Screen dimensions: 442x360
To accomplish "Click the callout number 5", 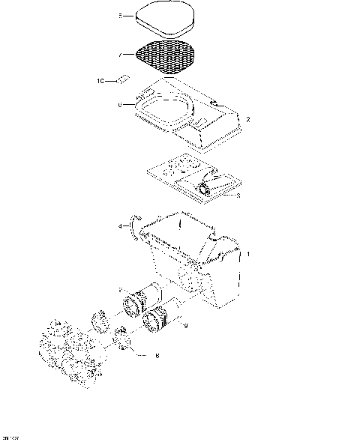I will (119, 15).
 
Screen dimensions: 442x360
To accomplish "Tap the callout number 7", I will (119, 55).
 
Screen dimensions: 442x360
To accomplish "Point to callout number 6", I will (119, 105).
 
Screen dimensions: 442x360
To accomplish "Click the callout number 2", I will (248, 120).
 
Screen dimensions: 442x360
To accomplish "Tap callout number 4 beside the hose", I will (119, 225).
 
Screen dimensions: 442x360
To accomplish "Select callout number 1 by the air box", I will (249, 255).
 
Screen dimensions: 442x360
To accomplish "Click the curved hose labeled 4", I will (133, 225).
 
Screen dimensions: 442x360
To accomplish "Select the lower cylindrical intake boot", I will (161, 319).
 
